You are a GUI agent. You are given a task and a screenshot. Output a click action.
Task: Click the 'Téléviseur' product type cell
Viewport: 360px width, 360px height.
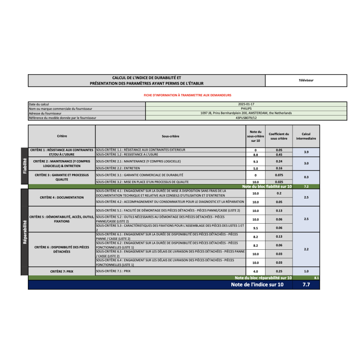coord(306,81)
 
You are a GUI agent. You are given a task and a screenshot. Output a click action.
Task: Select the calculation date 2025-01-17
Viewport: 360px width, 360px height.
coord(246,104)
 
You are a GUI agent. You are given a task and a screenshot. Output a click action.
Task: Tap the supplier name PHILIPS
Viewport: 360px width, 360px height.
coord(246,108)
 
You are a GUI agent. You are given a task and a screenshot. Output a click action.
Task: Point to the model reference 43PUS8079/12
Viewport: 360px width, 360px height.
coord(246,118)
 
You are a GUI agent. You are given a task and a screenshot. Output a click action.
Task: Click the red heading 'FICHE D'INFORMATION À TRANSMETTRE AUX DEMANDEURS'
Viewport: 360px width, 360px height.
coord(187,95)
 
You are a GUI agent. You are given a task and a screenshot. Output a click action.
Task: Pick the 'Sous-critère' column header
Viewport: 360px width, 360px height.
coord(171,135)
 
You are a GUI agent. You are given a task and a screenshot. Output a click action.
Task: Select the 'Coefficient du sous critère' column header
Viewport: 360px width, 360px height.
coord(279,135)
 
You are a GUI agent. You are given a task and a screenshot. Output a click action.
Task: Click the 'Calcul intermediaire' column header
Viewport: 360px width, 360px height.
coord(306,135)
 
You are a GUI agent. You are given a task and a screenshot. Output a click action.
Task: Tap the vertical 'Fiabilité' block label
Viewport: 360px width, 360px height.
coord(24,166)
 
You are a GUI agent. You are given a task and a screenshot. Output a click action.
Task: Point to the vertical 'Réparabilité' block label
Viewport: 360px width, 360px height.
coord(24,232)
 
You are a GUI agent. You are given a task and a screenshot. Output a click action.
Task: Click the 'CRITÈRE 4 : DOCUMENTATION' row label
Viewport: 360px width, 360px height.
coord(62,197)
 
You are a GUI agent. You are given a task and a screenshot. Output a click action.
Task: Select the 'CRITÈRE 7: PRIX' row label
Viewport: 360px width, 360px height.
coord(62,271)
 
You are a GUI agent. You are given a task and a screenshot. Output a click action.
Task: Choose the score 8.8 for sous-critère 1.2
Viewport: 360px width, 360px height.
coord(255,154)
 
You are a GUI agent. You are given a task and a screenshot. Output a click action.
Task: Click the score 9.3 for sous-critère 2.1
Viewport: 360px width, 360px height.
coord(255,161)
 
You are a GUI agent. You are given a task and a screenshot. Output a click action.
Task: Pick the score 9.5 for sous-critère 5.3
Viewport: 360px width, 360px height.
coord(255,228)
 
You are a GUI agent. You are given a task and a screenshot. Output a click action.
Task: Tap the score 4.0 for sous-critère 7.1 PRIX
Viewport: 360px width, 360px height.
coord(255,271)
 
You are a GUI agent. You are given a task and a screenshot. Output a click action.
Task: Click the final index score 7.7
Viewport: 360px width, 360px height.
coord(306,285)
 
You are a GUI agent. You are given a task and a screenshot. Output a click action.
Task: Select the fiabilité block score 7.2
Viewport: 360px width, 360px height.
coord(306,186)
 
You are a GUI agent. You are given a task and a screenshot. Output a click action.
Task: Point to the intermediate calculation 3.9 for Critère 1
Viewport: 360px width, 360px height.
coord(306,152)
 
